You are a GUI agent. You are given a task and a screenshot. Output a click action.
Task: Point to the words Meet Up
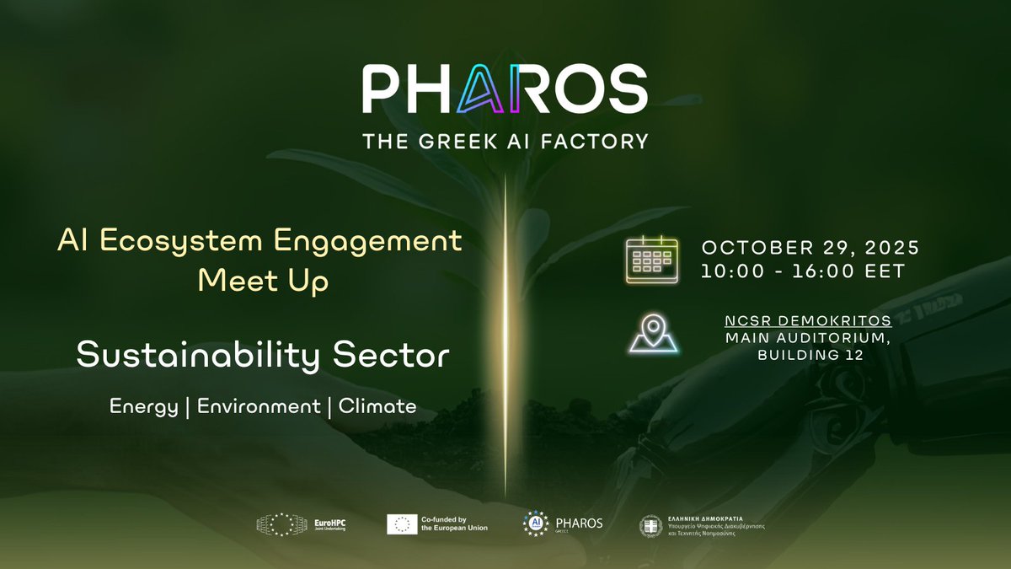pyautogui.click(x=263, y=282)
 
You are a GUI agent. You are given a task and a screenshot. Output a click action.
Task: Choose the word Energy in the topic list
pyautogui.click(x=144, y=406)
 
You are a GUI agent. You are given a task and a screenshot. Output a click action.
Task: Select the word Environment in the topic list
pyautogui.click(x=259, y=406)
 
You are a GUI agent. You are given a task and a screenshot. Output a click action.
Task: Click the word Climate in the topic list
pyautogui.click(x=377, y=406)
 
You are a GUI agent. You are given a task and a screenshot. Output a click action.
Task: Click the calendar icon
pyautogui.click(x=651, y=260)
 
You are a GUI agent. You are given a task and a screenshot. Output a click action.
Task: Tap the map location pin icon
pyautogui.click(x=653, y=334)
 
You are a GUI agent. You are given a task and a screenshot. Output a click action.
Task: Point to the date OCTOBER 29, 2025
pyautogui.click(x=810, y=250)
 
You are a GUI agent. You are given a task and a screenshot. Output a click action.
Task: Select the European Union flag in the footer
pyautogui.click(x=403, y=523)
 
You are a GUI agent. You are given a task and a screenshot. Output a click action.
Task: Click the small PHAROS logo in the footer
pyautogui.click(x=562, y=523)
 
